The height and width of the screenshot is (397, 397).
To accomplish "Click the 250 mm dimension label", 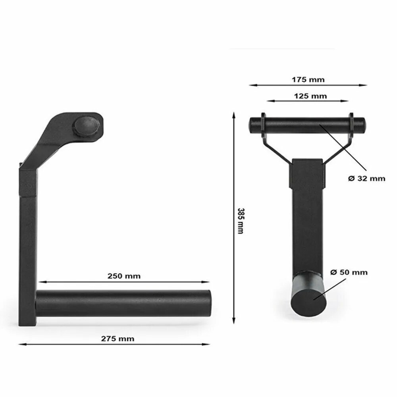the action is click(124, 276).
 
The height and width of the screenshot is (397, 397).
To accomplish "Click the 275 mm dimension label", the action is click(118, 339).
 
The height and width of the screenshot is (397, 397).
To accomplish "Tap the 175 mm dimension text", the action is click(308, 80).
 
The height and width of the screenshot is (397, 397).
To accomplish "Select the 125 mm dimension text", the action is click(310, 96).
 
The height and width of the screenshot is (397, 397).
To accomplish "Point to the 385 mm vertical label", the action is click(241, 221).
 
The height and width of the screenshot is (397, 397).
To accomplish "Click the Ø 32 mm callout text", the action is click(366, 179).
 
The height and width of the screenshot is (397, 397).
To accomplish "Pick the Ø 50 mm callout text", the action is click(349, 272).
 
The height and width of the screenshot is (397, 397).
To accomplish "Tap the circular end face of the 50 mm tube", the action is click(308, 303).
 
